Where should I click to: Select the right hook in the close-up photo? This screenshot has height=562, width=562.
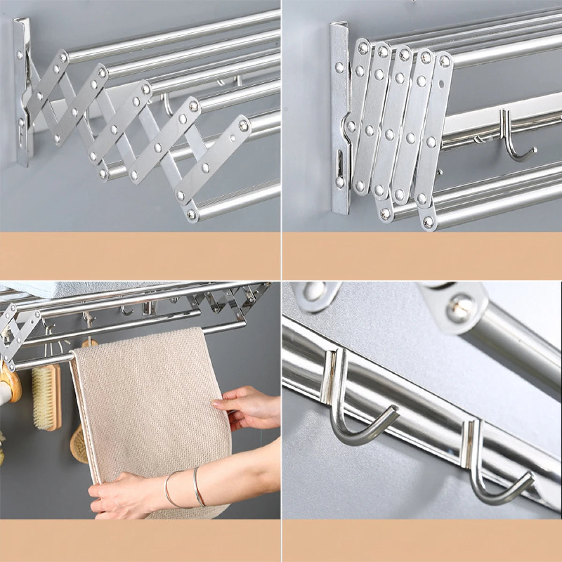click(496, 478)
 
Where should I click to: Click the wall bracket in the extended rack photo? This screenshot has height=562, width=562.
click(22, 94)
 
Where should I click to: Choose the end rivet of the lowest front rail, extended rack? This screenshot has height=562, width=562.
click(192, 215)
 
